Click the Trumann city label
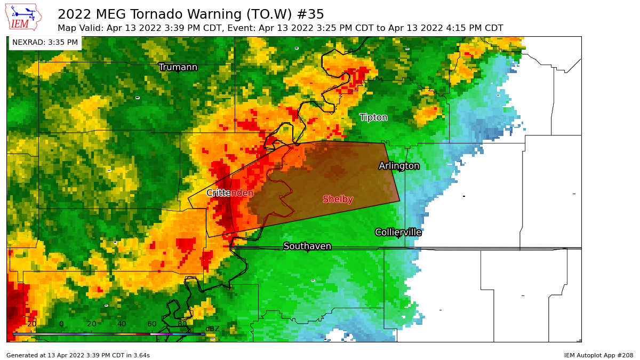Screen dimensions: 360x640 tap(178, 67)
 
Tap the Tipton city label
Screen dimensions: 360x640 tap(373, 117)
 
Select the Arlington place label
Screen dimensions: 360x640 tap(399, 166)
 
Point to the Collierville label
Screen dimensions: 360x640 tap(398, 233)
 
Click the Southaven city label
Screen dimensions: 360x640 tap(307, 246)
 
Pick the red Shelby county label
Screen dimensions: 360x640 tap(338, 199)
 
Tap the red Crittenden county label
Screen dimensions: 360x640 tap(230, 193)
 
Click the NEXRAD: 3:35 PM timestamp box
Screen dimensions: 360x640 tap(45, 43)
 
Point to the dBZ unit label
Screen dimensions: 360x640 tap(212, 329)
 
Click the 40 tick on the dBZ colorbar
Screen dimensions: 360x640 tap(122, 324)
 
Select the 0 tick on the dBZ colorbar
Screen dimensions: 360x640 tap(61, 324)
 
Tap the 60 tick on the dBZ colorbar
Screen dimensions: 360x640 tap(152, 324)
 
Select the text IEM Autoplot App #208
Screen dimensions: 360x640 tap(598, 355)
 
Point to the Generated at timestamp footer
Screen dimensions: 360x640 tap(78, 355)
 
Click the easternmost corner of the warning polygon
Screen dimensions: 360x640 tap(399, 201)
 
